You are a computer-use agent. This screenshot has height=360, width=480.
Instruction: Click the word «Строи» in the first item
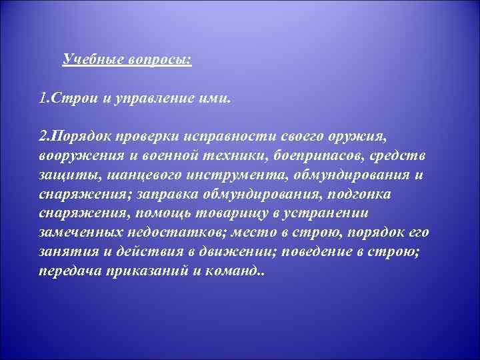pyautogui.click(x=72, y=99)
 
